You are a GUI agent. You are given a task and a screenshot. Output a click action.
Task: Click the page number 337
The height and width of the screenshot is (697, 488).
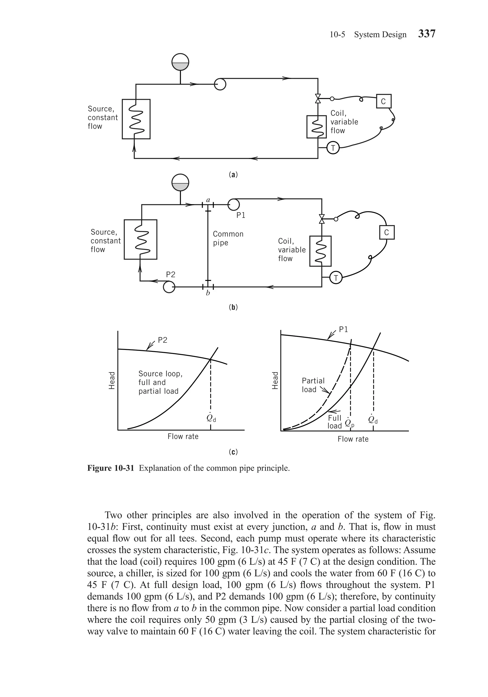coord(427,34)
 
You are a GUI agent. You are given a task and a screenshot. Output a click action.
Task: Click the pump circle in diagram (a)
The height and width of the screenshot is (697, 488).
coord(220,84)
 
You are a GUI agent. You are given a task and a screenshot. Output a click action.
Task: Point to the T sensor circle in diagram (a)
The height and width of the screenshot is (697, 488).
coord(333,148)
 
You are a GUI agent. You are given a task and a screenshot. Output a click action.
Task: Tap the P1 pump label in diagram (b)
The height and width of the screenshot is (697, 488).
coord(241,215)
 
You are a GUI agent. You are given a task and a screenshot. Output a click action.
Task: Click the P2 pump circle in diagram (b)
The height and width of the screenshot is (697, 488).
coord(169,287)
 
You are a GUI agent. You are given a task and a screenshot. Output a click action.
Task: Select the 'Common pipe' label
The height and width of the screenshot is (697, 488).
coord(228,238)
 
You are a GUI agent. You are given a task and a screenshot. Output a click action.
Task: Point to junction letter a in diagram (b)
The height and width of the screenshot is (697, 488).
coord(208,200)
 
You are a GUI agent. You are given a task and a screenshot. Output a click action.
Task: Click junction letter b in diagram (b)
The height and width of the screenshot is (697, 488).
coord(208,293)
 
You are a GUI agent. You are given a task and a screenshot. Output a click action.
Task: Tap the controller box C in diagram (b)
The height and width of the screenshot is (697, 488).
coord(386,232)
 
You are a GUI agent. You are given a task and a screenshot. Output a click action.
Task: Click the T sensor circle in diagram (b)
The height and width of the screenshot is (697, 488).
coord(336,278)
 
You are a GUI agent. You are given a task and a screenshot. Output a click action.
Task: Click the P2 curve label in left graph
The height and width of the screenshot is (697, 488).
coord(163,340)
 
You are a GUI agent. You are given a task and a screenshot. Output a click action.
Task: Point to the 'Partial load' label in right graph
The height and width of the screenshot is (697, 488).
coord(313,385)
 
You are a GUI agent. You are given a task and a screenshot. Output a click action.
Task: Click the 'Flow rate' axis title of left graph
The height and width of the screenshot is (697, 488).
coord(183,437)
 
